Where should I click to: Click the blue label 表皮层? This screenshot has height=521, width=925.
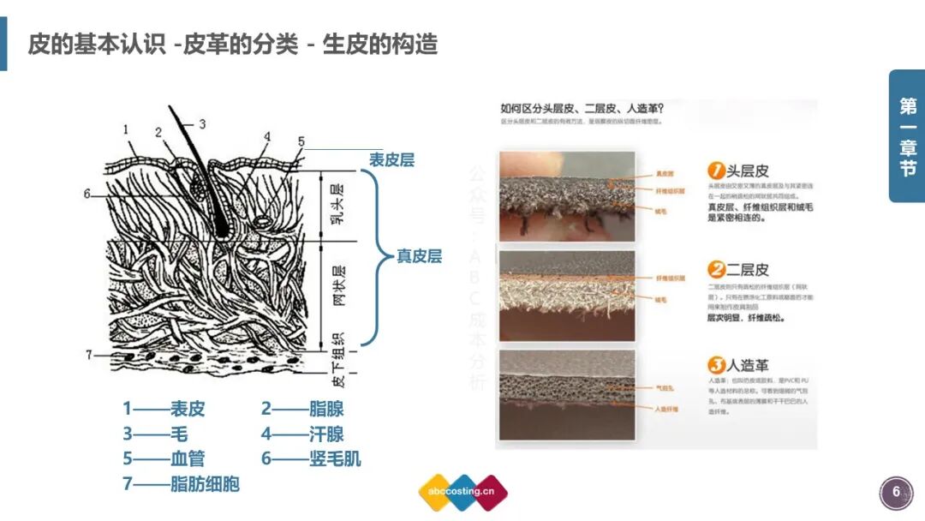pos(391,160)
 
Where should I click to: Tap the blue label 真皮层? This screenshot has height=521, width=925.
pos(419,256)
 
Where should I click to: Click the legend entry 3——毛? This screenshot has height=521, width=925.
pos(155,434)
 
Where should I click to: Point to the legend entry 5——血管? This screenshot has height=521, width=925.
pos(164,459)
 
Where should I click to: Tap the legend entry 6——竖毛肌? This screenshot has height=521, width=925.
pos(311,459)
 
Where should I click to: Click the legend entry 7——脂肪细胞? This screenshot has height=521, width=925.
pos(181,484)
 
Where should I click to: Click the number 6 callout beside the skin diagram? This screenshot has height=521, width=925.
pos(87,195)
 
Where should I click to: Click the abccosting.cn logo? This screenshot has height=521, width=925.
pos(462,492)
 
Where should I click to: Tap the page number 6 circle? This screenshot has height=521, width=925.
pos(896,492)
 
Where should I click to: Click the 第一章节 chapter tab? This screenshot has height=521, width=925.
pos(907,136)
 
